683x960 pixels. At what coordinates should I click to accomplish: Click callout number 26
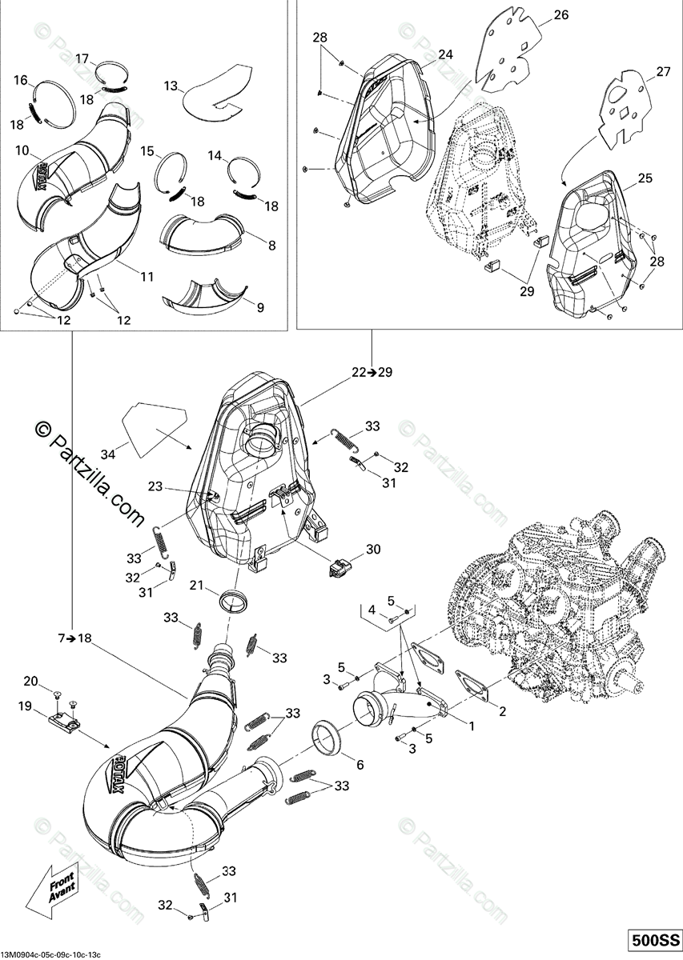[560, 15]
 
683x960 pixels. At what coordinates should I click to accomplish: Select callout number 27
[662, 72]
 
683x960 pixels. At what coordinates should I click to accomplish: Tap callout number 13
[171, 86]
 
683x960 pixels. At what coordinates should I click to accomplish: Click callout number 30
[373, 550]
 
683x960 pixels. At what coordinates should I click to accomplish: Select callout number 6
[360, 765]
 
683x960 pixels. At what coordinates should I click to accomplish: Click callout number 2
[502, 710]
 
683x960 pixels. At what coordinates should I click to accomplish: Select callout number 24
[445, 54]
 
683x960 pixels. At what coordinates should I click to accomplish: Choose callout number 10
[22, 150]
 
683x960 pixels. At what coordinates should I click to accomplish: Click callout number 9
[259, 306]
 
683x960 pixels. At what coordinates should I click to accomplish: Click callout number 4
[372, 610]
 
